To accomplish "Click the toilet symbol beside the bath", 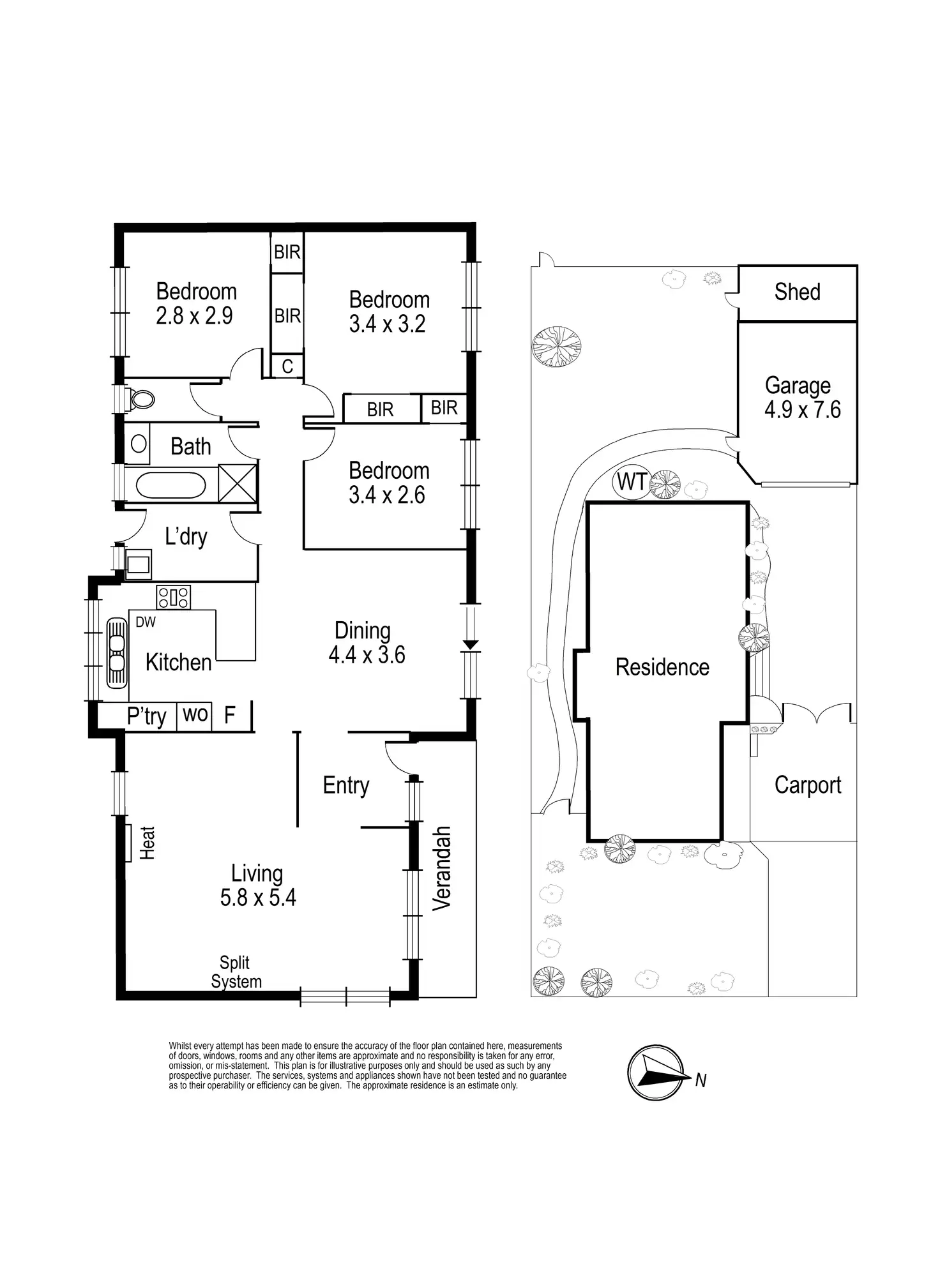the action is (x=140, y=400).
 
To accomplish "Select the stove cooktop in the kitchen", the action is (x=174, y=598).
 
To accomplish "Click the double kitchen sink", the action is (x=116, y=652).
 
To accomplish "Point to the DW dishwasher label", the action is (x=146, y=622).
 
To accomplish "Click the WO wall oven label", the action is (x=195, y=714).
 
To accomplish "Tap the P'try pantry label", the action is (x=147, y=716).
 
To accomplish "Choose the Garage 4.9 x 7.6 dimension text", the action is (x=803, y=409).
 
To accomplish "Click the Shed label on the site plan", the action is (x=797, y=292).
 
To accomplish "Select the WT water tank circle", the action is (x=631, y=481).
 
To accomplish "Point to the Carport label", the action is (x=808, y=785).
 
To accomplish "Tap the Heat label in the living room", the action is (x=147, y=843).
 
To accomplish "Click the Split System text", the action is (x=236, y=972).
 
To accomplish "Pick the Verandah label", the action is (x=442, y=868).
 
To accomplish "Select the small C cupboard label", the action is (x=287, y=366).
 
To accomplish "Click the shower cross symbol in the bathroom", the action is (x=237, y=483).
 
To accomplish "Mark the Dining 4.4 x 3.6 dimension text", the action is (x=367, y=655).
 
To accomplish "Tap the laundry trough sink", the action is (x=139, y=564).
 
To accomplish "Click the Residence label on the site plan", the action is (x=662, y=667).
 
